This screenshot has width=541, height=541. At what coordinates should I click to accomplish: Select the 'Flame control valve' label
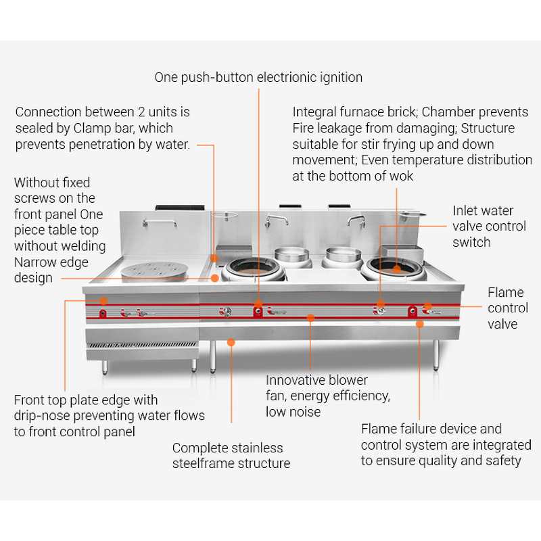pos(508,308)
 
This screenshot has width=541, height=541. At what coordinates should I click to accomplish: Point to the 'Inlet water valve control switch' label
pos(489,227)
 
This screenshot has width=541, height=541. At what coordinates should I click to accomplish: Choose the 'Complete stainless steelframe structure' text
pos(231,456)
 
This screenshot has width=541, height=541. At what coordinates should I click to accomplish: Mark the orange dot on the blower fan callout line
pos(310,316)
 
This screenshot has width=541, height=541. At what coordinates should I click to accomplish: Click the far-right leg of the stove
pos(436,355)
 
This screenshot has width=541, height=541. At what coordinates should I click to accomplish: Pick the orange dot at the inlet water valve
pos(380,303)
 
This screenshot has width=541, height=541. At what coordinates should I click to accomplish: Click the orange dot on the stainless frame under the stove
pos(231,342)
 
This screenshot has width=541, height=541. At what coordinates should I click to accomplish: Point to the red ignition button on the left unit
pos(103,312)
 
